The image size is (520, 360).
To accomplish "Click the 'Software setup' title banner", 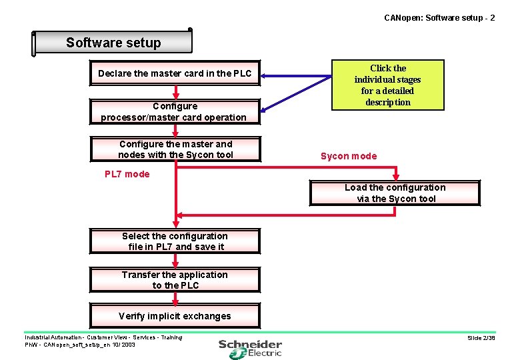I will click(x=113, y=43).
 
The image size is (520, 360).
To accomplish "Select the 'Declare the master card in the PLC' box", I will click(x=175, y=73).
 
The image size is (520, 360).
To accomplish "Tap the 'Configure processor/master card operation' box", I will click(x=174, y=111).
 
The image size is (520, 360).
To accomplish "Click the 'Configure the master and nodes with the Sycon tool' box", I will click(x=175, y=149).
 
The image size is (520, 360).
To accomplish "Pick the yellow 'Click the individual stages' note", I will click(x=387, y=85).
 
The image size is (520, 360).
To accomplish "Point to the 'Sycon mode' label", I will click(x=349, y=156).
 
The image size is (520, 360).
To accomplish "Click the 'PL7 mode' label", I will click(x=127, y=174).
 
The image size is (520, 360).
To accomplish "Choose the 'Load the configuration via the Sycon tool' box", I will click(x=395, y=193).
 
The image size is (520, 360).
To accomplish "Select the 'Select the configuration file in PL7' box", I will click(x=175, y=241).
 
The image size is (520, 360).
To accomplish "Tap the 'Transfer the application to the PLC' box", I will click(x=175, y=280).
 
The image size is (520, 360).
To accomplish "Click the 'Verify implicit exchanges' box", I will click(x=175, y=316).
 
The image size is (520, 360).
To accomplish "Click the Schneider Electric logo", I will click(x=251, y=348).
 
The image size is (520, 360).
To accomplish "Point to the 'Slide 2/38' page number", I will click(x=481, y=338).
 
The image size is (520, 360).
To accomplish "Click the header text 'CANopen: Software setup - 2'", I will click(x=439, y=17).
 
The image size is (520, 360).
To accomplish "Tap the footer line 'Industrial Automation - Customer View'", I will click(x=103, y=337).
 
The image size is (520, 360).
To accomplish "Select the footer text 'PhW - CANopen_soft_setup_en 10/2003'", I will click(x=79, y=345).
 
